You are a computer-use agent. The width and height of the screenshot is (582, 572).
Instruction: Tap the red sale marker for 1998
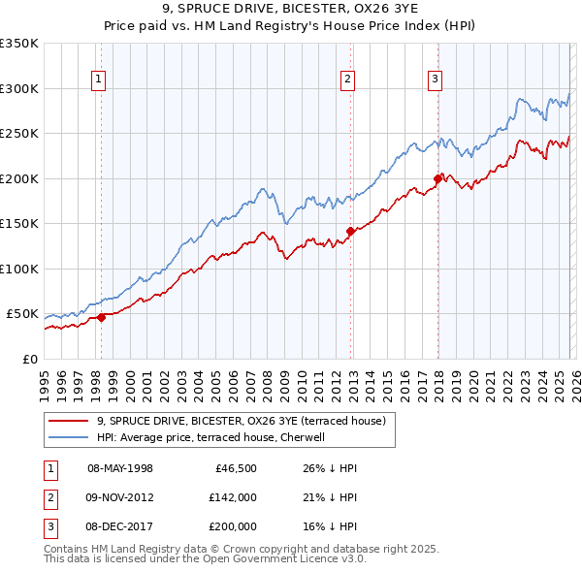click(101, 317)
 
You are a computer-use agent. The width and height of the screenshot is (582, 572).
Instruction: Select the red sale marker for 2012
click(350, 231)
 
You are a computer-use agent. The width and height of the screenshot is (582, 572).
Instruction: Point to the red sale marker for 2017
click(437, 178)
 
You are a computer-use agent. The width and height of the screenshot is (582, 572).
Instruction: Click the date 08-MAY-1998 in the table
click(120, 468)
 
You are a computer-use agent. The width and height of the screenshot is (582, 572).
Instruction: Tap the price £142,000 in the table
click(233, 497)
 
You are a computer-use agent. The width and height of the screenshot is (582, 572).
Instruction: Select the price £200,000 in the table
click(233, 526)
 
